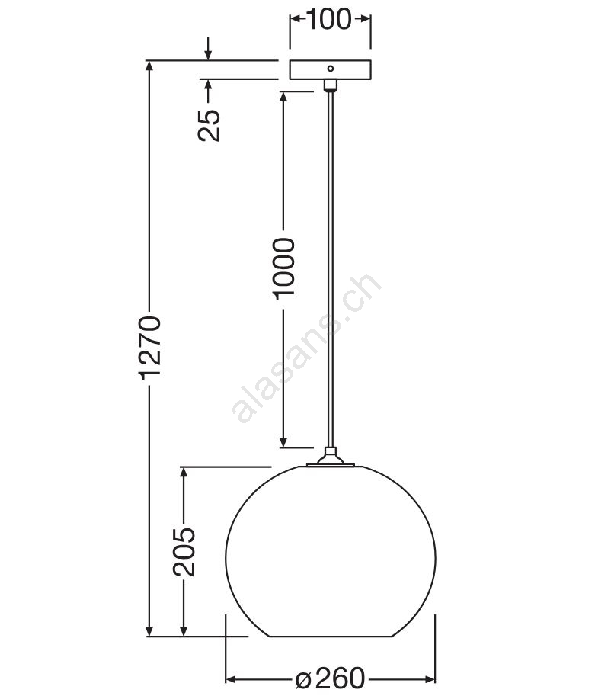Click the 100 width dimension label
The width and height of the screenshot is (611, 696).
[329, 19]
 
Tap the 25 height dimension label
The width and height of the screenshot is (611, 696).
[209, 125]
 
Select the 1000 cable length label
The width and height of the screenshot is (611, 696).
[284, 268]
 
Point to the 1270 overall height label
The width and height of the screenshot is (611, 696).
[149, 348]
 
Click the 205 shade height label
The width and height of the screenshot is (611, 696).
[184, 552]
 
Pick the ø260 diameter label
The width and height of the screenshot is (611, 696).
[330, 678]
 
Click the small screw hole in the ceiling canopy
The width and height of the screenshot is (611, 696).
[331, 69]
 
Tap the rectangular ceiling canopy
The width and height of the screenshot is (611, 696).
[331, 69]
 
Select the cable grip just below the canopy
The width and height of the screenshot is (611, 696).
[331, 85]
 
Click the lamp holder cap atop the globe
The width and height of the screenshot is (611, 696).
[331, 457]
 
